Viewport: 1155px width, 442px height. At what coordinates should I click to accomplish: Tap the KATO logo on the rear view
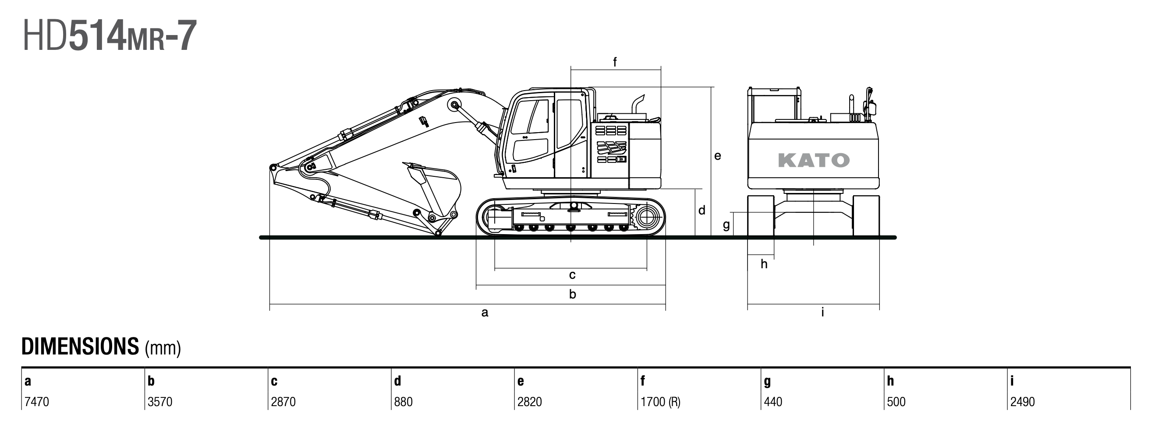(813, 160)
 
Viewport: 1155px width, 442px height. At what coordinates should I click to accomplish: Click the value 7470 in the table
(37, 402)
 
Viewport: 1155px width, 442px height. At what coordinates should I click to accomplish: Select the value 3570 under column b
(160, 402)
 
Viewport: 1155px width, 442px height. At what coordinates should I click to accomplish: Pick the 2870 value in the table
(283, 402)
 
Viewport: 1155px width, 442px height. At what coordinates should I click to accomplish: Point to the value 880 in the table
(403, 402)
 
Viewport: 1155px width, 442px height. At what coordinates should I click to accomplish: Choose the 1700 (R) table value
(660, 402)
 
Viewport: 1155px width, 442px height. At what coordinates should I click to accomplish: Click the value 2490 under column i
(1022, 402)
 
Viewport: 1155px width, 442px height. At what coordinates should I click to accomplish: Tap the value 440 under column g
(773, 402)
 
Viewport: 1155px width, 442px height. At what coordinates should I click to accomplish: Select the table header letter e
(521, 381)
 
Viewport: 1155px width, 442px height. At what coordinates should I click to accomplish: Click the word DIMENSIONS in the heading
(80, 347)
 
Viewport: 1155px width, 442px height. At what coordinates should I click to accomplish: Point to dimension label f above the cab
(615, 62)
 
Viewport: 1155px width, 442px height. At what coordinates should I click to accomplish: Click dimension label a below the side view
(485, 312)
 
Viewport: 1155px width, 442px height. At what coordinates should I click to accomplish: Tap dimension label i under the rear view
(823, 312)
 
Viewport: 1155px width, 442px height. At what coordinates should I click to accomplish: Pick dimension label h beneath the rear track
(764, 264)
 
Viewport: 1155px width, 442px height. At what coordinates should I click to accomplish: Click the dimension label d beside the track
(702, 210)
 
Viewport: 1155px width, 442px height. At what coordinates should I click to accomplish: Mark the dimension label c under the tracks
(572, 275)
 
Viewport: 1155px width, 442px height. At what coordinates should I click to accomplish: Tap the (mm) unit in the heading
(163, 348)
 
